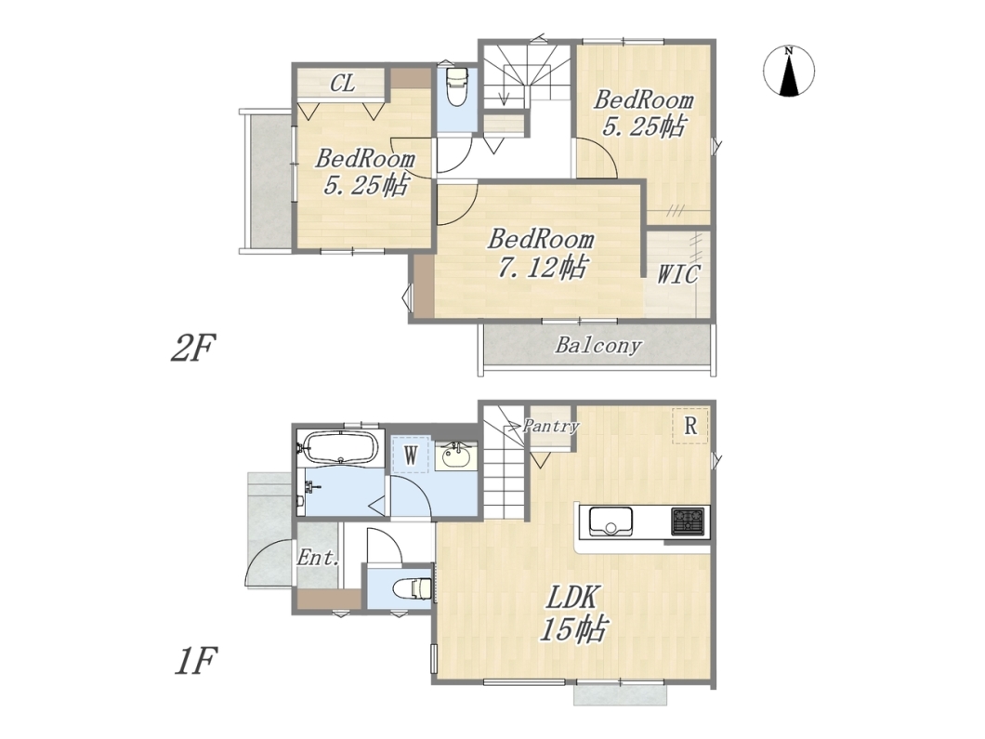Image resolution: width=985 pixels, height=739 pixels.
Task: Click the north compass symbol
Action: pyautogui.click(x=789, y=71)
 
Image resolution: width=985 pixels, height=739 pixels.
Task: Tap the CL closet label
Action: pyautogui.click(x=342, y=83)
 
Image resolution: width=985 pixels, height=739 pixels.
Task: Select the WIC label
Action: pyautogui.click(x=677, y=274)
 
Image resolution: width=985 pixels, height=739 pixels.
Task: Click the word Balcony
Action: pyautogui.click(x=598, y=345)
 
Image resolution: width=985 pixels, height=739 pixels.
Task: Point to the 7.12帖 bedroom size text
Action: pyautogui.click(x=542, y=268)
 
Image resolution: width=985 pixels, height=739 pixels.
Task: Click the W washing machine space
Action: pyautogui.click(x=410, y=455)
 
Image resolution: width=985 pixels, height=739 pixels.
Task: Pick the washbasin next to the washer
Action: pyautogui.click(x=456, y=455)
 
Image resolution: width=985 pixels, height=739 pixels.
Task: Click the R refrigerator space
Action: pyautogui.click(x=690, y=426)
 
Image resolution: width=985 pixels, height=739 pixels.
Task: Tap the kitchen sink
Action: pyautogui.click(x=611, y=521)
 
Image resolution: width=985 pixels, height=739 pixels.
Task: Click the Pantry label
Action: pyautogui.click(x=551, y=426)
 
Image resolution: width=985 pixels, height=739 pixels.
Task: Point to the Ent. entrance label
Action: pyautogui.click(x=319, y=558)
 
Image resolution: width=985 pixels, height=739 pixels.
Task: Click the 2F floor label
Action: pyautogui.click(x=193, y=349)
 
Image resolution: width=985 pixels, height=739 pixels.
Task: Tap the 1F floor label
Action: pyautogui.click(x=195, y=661)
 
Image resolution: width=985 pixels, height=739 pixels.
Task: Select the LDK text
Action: pyautogui.click(x=573, y=598)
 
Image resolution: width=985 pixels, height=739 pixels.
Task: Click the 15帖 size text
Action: pyautogui.click(x=573, y=628)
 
